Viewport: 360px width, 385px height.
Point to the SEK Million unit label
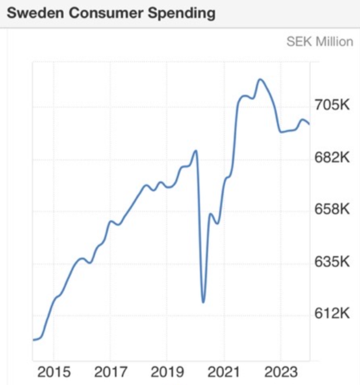coord(320,42)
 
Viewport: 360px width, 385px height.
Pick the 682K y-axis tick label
coord(331,158)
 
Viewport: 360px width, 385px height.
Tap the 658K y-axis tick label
coord(331,209)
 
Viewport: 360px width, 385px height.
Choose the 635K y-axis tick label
coord(331,261)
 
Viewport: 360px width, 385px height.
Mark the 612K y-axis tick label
coord(331,314)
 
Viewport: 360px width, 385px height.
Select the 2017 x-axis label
coord(110,373)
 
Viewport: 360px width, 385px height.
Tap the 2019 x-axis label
coord(166,373)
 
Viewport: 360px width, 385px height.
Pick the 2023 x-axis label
coord(280,373)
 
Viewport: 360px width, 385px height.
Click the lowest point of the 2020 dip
coord(203,302)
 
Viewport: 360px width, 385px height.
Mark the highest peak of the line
coord(260,80)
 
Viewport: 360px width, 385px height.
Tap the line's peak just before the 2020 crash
coord(196,151)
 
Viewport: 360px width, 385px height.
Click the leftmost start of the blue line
coord(33,339)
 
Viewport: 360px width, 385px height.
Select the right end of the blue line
coord(309,124)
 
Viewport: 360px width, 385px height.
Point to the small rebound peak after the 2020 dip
coord(211,214)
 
